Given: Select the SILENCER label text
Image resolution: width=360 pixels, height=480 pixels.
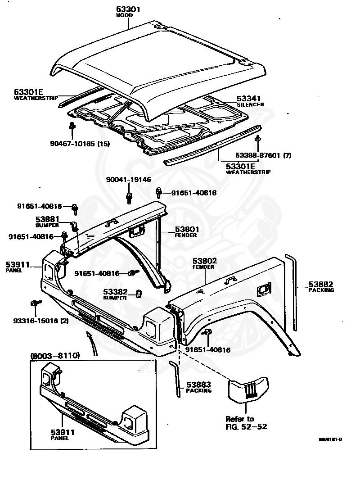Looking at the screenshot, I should [250, 104].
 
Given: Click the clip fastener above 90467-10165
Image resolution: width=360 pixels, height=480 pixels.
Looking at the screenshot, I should [71, 128].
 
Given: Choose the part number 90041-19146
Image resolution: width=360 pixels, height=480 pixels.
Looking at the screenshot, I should [129, 179].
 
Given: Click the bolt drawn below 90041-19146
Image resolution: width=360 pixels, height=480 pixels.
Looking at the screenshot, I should [129, 197].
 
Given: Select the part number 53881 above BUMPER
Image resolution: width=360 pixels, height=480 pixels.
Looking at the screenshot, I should [47, 219].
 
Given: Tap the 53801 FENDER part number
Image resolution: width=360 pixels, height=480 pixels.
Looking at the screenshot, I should [187, 229].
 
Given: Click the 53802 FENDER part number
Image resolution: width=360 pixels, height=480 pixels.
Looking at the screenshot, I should [205, 261].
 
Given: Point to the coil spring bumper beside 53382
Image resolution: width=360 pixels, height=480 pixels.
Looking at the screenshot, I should [139, 295].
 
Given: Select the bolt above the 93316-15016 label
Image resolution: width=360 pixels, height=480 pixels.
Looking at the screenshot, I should [34, 304].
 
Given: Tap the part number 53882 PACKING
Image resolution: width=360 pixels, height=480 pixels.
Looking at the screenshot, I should [321, 284].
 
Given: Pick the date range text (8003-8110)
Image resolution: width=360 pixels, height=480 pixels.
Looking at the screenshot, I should [55, 356].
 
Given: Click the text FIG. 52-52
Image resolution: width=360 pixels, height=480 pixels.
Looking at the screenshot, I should [246, 426].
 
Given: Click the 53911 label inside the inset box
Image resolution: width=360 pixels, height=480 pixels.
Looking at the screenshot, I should [63, 432].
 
